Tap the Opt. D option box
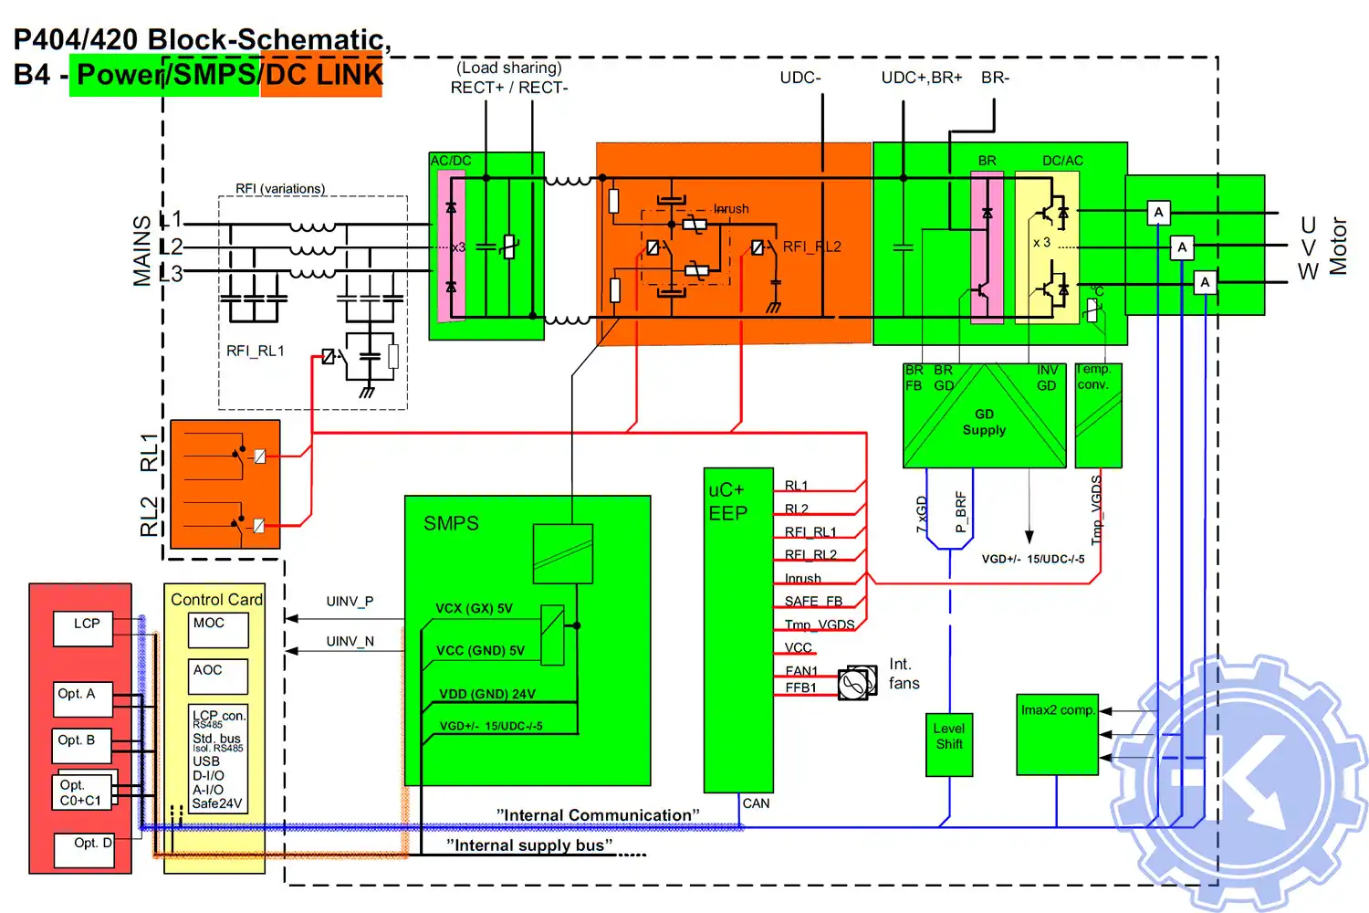pyautogui.click(x=83, y=850)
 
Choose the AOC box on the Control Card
pyautogui.click(x=218, y=677)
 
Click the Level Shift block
pyautogui.click(x=949, y=743)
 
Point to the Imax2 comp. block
pyautogui.click(x=1057, y=733)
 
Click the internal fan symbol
pyautogui.click(x=856, y=683)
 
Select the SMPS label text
pyautogui.click(x=451, y=523)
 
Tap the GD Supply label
pyautogui.click(x=984, y=422)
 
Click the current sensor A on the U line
pyautogui.click(x=1158, y=213)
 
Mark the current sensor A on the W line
pyautogui.click(x=1205, y=282)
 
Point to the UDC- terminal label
pyautogui.click(x=800, y=79)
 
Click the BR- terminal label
pyautogui.click(x=995, y=79)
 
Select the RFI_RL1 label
pyautogui.click(x=256, y=352)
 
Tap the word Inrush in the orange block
pyautogui.click(x=731, y=209)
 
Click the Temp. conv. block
pyautogui.click(x=1098, y=415)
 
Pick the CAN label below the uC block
pyautogui.click(x=756, y=803)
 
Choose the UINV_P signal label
pyautogui.click(x=350, y=602)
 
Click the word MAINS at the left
pyautogui.click(x=142, y=251)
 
